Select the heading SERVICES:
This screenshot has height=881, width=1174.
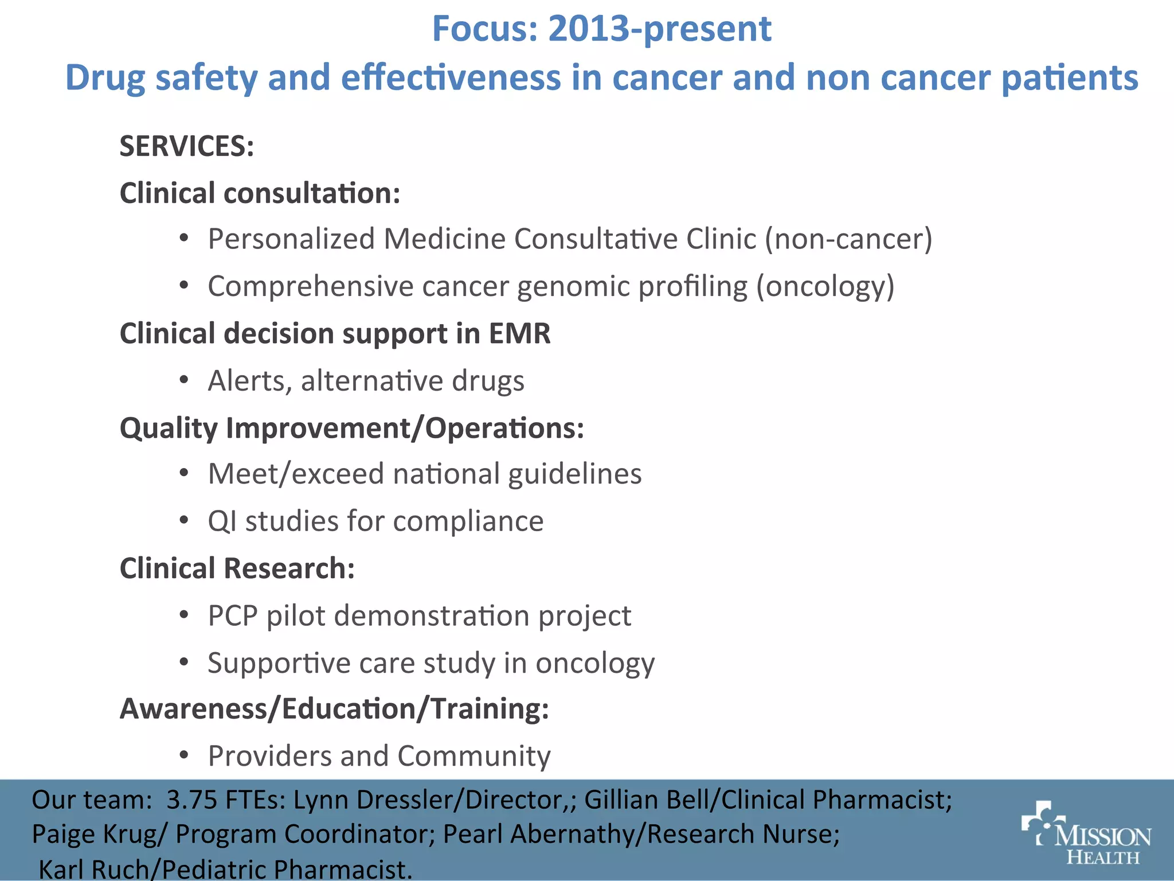(x=186, y=146)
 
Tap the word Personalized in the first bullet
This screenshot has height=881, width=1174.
(x=291, y=239)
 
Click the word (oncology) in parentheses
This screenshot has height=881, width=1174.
(x=825, y=286)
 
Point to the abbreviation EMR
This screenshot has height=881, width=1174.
(x=519, y=333)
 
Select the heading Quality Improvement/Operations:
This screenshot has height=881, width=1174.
(x=351, y=428)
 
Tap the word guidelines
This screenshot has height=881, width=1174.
(x=574, y=474)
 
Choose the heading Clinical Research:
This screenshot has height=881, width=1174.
(x=237, y=568)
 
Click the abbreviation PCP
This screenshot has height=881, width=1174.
(x=233, y=615)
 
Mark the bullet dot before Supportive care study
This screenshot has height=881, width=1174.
(x=184, y=662)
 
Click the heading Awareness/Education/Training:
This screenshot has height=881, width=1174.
(x=334, y=708)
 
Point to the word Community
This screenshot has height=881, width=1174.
(x=473, y=756)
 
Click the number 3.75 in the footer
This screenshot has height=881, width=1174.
(x=191, y=800)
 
